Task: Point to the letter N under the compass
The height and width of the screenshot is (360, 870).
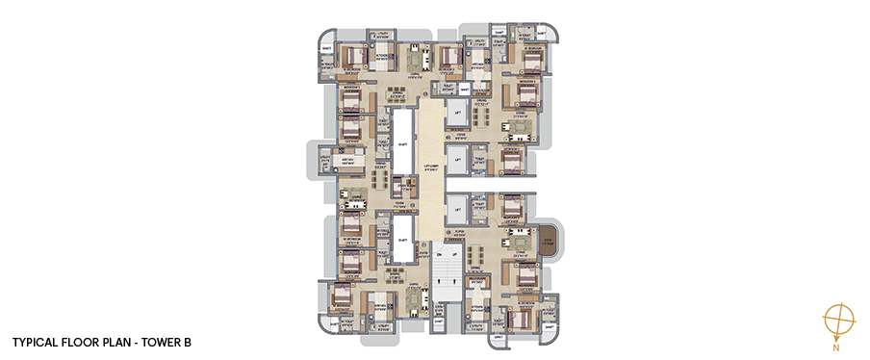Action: tap(837, 342)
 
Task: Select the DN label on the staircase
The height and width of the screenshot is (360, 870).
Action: tap(438, 254)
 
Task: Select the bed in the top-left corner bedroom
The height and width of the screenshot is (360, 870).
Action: tap(348, 57)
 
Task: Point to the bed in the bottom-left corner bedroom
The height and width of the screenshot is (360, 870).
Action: tap(343, 300)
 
